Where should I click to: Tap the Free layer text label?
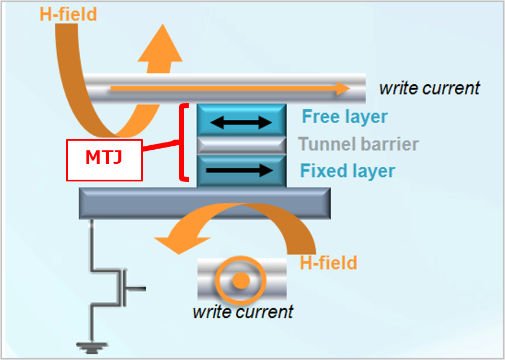[x=345, y=116]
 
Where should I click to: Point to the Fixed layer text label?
[x=347, y=170]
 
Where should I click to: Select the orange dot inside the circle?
[x=241, y=280]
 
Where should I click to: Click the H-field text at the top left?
[x=68, y=14]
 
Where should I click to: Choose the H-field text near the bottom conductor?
[x=328, y=263]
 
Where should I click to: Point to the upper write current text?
[x=429, y=88]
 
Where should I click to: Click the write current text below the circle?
[x=243, y=311]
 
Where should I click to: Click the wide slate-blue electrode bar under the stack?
[x=204, y=203]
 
